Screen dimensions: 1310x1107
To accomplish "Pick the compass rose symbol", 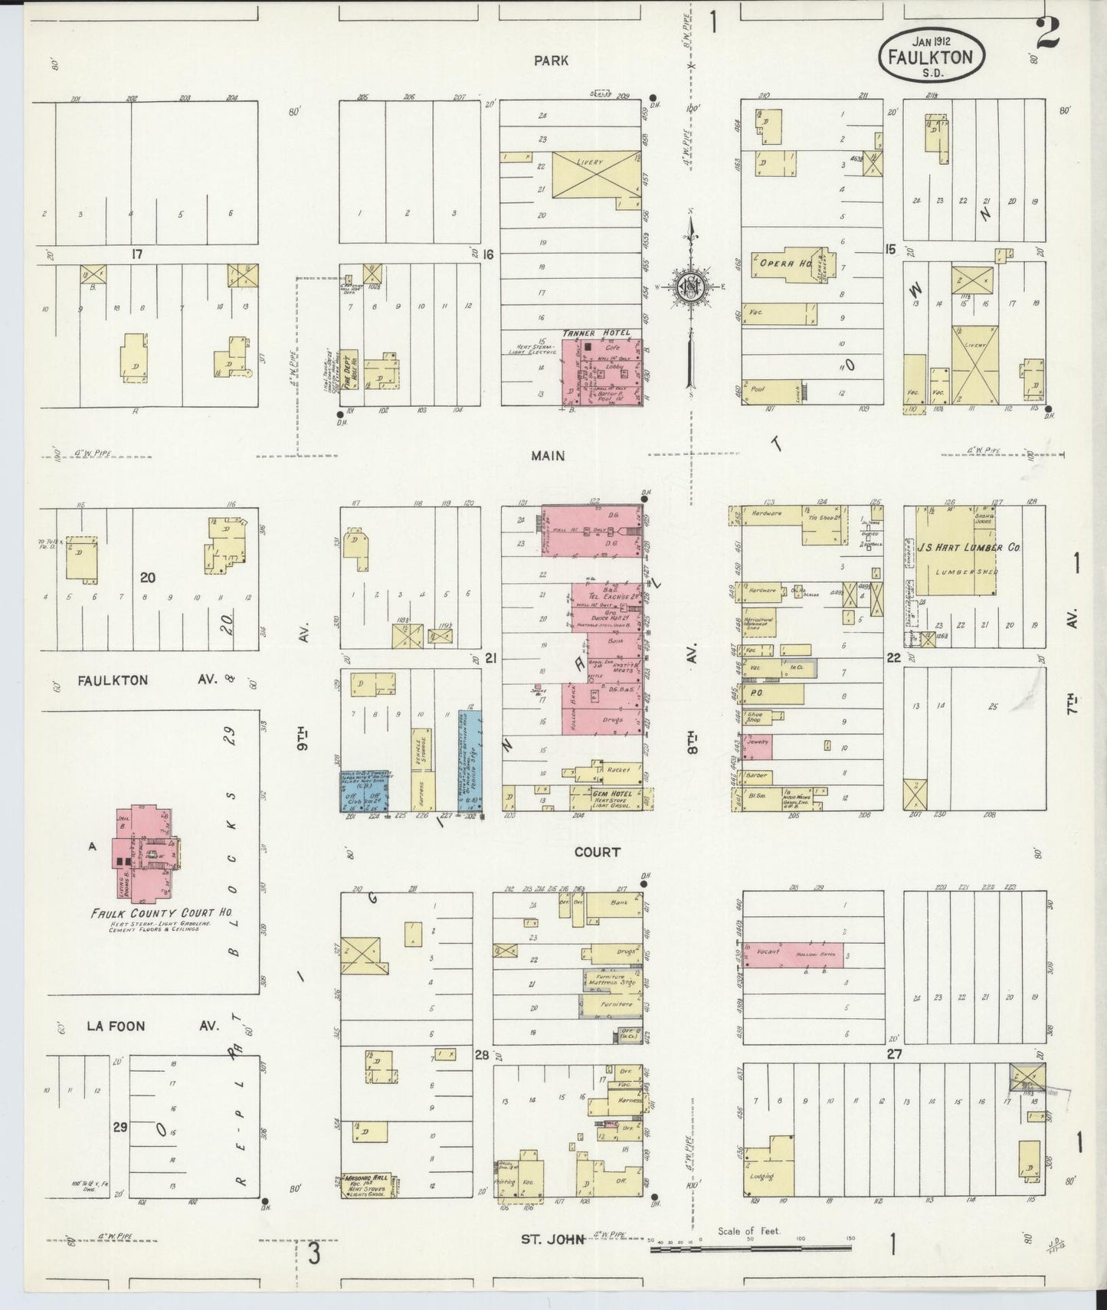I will pos(689,287).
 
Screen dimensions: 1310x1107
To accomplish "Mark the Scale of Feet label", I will pos(748,1231).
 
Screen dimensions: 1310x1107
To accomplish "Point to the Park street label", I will pos(552,60).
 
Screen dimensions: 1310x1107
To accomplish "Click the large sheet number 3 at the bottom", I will pos(314,1254).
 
